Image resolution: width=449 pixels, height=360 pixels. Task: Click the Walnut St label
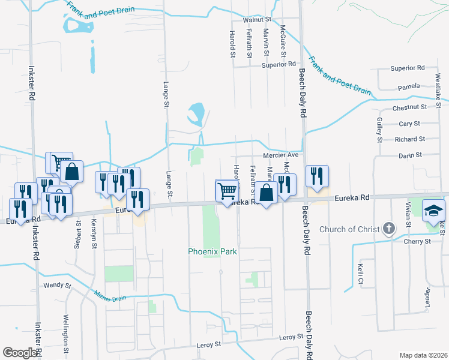[x=258, y=20]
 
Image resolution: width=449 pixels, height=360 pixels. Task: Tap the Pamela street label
[x=409, y=86]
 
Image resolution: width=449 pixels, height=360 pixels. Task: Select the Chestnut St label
[x=409, y=107]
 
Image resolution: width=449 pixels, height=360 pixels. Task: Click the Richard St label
[x=410, y=139]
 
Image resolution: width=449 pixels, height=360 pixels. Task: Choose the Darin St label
[x=411, y=155]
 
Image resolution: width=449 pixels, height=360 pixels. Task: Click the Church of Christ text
[x=350, y=229]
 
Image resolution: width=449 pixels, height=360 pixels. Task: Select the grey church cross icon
[x=389, y=229]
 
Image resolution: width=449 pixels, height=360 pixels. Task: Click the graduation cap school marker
[x=433, y=211]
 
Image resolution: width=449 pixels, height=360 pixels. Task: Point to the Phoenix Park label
[x=212, y=251]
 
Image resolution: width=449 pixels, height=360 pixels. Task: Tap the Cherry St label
[x=420, y=241]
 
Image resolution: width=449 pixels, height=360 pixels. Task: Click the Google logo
[x=20, y=353]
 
